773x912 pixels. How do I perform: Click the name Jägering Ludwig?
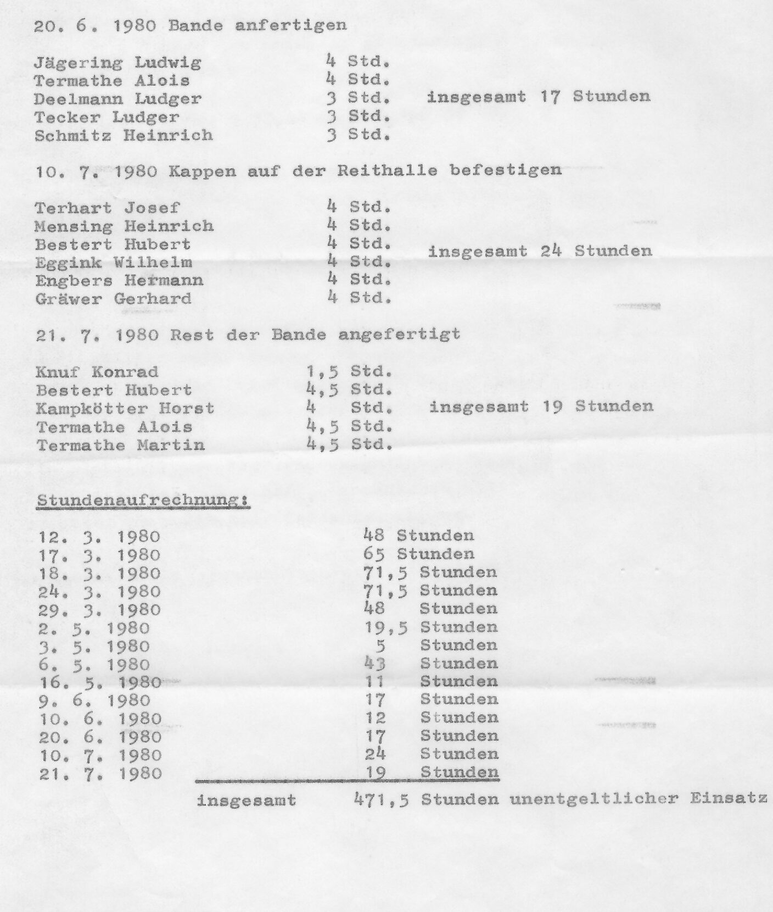click(x=117, y=63)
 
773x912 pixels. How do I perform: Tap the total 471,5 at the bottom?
click(x=382, y=799)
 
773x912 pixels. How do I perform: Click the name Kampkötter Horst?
click(x=125, y=409)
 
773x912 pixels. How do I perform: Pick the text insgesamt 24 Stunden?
click(x=540, y=252)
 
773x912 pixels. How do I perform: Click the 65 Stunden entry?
click(x=418, y=554)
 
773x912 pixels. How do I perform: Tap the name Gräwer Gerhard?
click(x=114, y=299)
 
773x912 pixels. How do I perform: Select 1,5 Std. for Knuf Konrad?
click(x=350, y=372)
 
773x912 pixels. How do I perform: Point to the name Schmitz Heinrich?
click(x=124, y=135)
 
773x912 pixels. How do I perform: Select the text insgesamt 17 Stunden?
click(x=539, y=97)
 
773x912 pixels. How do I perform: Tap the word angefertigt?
click(x=399, y=334)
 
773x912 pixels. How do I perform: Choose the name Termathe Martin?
click(x=121, y=445)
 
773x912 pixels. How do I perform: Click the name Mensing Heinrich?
click(x=124, y=226)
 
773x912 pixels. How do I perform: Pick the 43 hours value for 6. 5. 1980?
click(x=376, y=664)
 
